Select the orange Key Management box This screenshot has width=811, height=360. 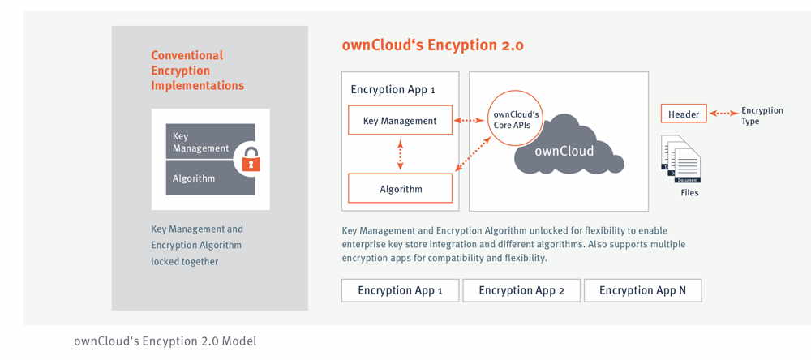400,121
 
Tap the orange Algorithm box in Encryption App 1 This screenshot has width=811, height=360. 400,189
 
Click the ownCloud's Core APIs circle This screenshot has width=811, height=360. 517,119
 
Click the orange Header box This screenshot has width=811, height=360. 684,114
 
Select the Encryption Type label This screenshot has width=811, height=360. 762,116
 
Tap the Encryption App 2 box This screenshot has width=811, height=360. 521,290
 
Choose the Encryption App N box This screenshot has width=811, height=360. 642,290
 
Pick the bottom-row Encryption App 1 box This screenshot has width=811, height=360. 401,290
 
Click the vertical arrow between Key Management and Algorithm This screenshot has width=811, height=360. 400,154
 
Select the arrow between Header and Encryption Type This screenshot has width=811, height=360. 723,114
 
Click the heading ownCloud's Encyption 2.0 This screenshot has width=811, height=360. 432,45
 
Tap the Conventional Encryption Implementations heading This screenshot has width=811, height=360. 197,71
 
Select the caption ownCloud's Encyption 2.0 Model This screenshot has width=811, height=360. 165,341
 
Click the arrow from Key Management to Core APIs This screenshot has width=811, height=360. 469,121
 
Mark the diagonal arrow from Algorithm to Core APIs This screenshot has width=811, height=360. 474,154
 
